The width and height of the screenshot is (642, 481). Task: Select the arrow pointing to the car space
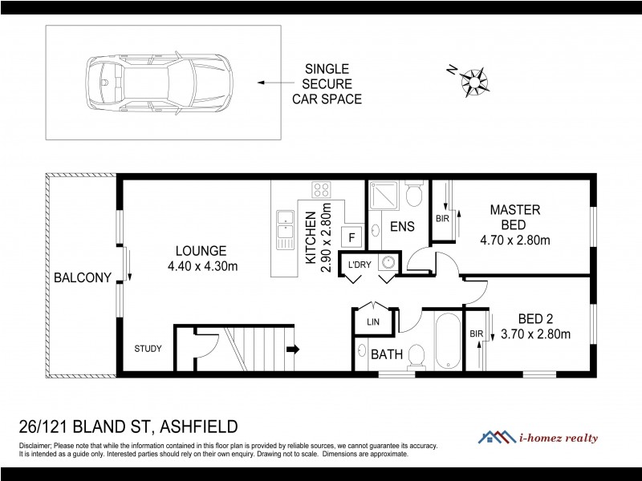click(x=273, y=82)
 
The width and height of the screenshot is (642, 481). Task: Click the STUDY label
click(x=148, y=349)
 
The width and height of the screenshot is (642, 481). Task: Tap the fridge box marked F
click(x=350, y=236)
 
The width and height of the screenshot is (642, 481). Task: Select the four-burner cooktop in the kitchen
click(x=322, y=191)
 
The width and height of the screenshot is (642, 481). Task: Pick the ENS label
click(x=402, y=227)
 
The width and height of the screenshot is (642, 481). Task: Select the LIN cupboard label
click(x=372, y=321)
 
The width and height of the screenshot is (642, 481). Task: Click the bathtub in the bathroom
click(x=448, y=341)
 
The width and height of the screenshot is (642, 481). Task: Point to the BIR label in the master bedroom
click(x=441, y=218)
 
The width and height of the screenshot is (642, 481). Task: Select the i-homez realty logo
click(x=546, y=437)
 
